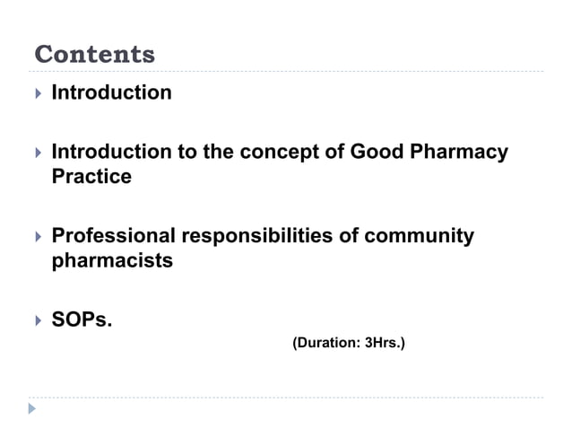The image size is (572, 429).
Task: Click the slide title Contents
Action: coord(94,55)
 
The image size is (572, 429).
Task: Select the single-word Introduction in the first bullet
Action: coord(111,92)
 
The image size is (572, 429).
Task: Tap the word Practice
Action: coord(91,177)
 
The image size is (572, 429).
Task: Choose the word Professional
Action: coord(114,237)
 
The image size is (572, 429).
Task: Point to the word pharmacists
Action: coord(112,262)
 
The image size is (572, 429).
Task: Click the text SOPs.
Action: coord(82,320)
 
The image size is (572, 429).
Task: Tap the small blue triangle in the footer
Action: coord(33,409)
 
